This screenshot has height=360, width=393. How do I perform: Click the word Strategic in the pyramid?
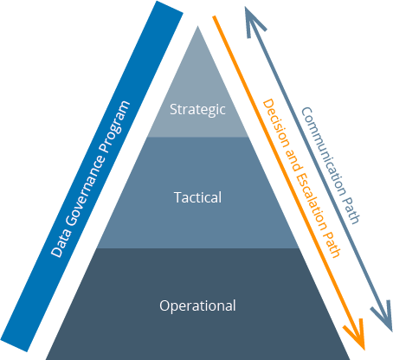coord(197,110)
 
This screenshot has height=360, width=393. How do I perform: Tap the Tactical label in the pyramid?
coord(197,197)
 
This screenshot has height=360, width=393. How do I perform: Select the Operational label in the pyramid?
coord(197,305)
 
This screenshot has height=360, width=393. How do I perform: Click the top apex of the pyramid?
coord(198,26)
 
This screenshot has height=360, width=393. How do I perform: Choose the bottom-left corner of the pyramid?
coord(47,357)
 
